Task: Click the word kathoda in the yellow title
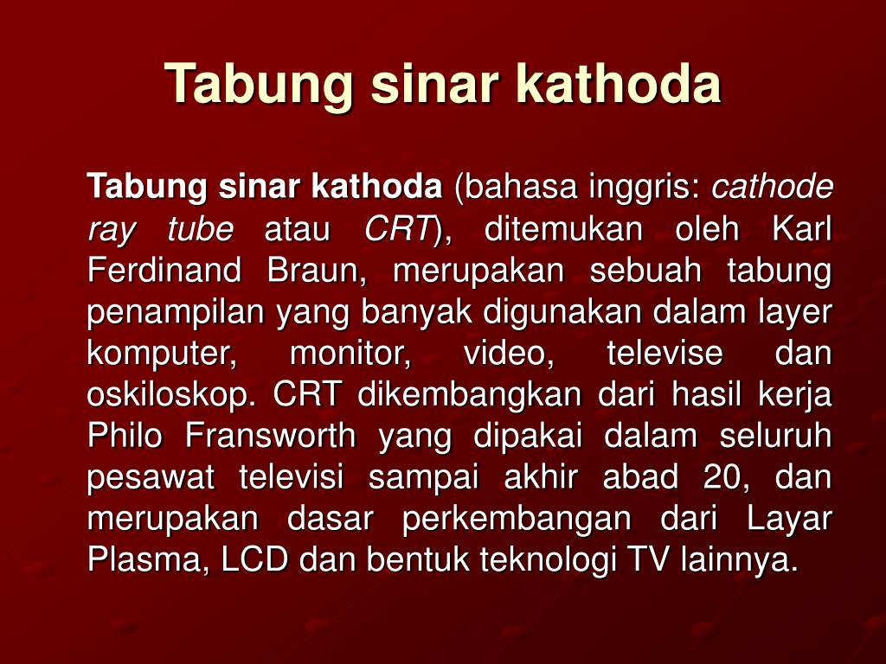click(x=618, y=83)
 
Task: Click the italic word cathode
click(x=772, y=186)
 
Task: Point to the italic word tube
click(x=200, y=228)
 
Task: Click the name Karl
click(x=802, y=228)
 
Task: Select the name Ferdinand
click(x=164, y=270)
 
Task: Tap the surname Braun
click(x=317, y=270)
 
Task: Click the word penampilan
click(x=176, y=313)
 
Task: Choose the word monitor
click(x=350, y=354)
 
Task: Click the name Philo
click(x=125, y=436)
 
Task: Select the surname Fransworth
click(x=270, y=436)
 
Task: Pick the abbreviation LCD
click(x=254, y=560)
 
